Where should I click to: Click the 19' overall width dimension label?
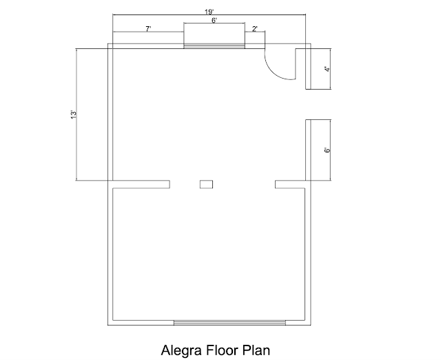[x=209, y=12]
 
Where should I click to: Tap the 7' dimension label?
[x=148, y=29]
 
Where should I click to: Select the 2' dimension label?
[x=254, y=29]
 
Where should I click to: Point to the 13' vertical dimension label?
[x=74, y=114]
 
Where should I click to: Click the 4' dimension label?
[x=327, y=69]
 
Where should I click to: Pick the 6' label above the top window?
[x=214, y=20]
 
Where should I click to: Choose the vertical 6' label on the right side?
[x=327, y=150]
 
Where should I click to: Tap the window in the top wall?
[x=214, y=46]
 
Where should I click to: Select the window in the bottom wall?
[x=229, y=323]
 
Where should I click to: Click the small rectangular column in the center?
[x=206, y=184]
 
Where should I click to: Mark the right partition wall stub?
[x=290, y=184]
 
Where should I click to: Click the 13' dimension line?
[x=76, y=114]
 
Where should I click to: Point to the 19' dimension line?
[x=209, y=14]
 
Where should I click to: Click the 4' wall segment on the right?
[x=308, y=69]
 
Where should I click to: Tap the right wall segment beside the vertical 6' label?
[x=308, y=150]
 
